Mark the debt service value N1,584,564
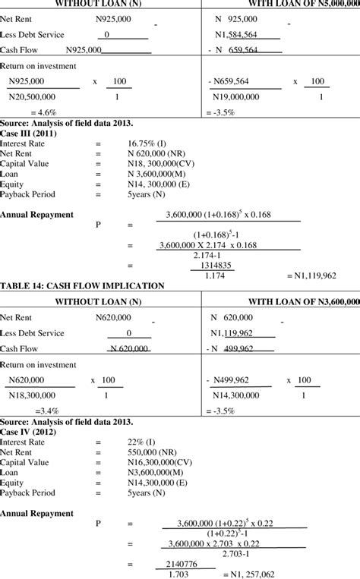[248, 34]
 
